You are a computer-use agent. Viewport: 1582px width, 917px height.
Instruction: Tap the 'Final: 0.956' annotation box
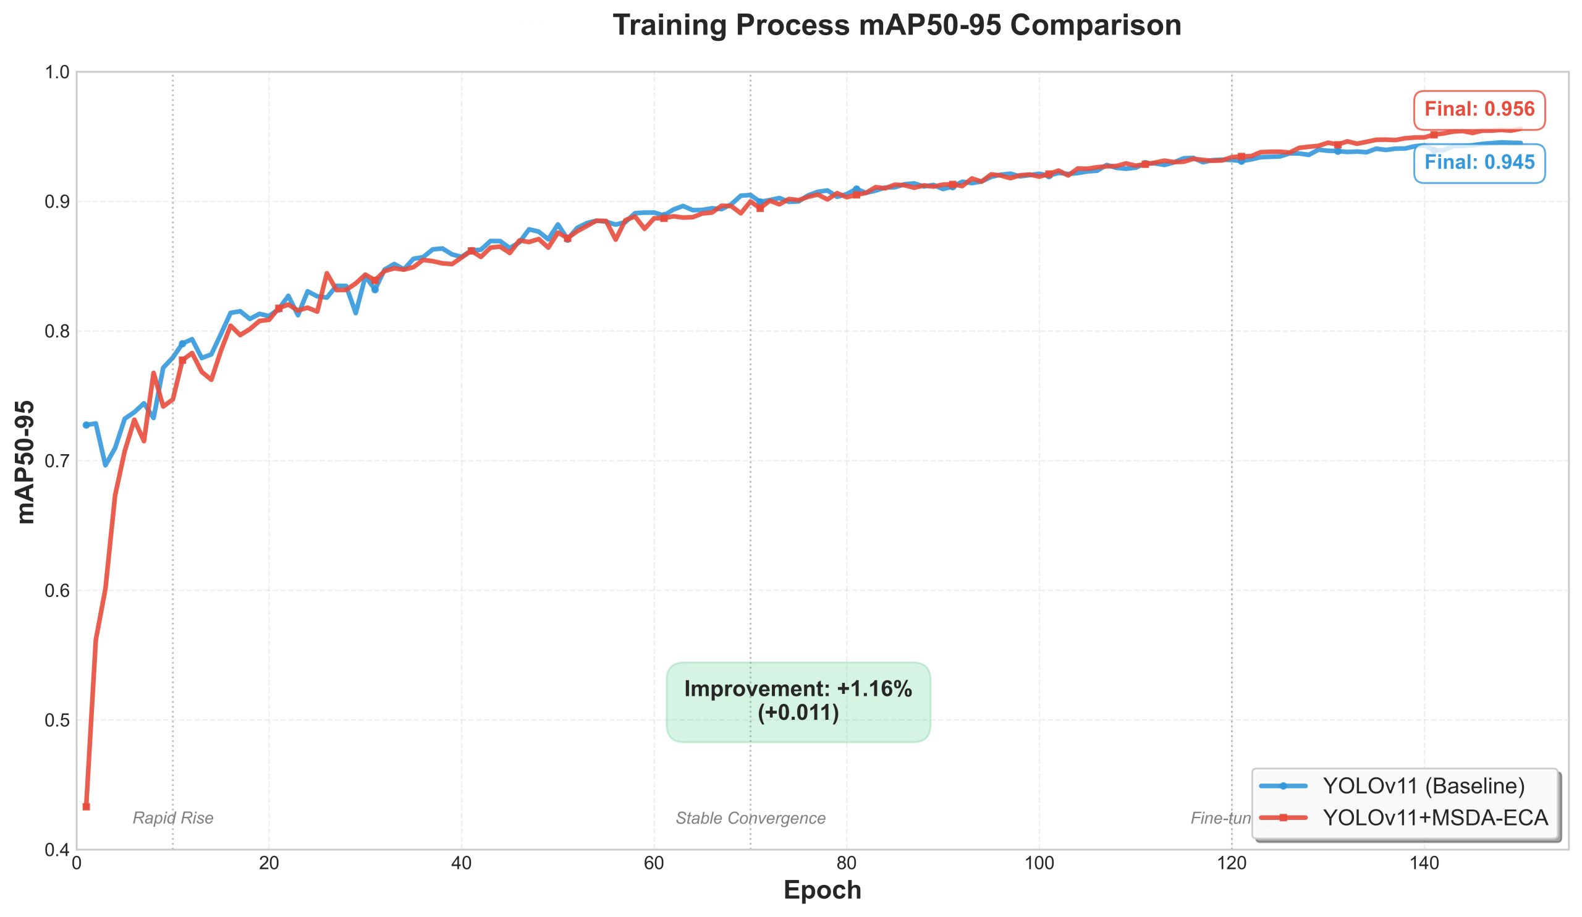[1478, 110]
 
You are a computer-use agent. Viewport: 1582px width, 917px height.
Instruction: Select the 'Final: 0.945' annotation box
[1478, 163]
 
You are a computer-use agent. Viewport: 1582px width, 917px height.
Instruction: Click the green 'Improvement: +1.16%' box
[798, 701]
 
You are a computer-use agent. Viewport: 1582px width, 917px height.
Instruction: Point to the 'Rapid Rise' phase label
[172, 819]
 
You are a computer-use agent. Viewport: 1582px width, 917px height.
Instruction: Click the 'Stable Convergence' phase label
[750, 819]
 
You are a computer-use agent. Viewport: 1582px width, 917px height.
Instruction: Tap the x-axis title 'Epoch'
[823, 890]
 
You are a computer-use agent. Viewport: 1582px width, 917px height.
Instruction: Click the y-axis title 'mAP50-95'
[27, 462]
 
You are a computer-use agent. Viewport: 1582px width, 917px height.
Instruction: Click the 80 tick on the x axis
[846, 864]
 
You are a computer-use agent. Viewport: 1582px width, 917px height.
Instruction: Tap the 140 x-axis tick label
[1424, 864]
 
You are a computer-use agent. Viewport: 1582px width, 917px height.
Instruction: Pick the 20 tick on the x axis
[269, 864]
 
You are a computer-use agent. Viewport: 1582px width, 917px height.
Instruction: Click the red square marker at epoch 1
[86, 806]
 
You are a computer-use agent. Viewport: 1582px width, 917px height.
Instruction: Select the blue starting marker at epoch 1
[86, 425]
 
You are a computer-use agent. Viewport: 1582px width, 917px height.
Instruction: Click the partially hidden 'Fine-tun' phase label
[1220, 819]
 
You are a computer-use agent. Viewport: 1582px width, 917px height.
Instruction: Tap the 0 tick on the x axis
[77, 864]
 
